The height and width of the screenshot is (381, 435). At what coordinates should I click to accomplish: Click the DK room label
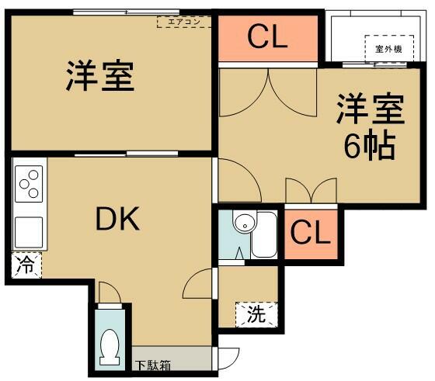(117, 220)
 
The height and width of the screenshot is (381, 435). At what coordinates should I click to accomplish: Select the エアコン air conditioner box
(185, 22)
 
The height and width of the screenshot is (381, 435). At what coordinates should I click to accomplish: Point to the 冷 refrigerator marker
(25, 265)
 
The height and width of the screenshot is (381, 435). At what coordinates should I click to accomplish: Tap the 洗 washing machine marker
(255, 314)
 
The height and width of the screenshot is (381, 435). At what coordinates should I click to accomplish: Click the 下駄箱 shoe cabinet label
(153, 364)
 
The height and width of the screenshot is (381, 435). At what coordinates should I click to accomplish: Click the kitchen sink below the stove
(28, 230)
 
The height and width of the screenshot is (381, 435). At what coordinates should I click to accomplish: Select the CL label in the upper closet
(268, 36)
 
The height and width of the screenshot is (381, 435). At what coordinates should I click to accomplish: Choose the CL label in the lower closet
(311, 232)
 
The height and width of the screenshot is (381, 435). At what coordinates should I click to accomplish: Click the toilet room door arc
(109, 292)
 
